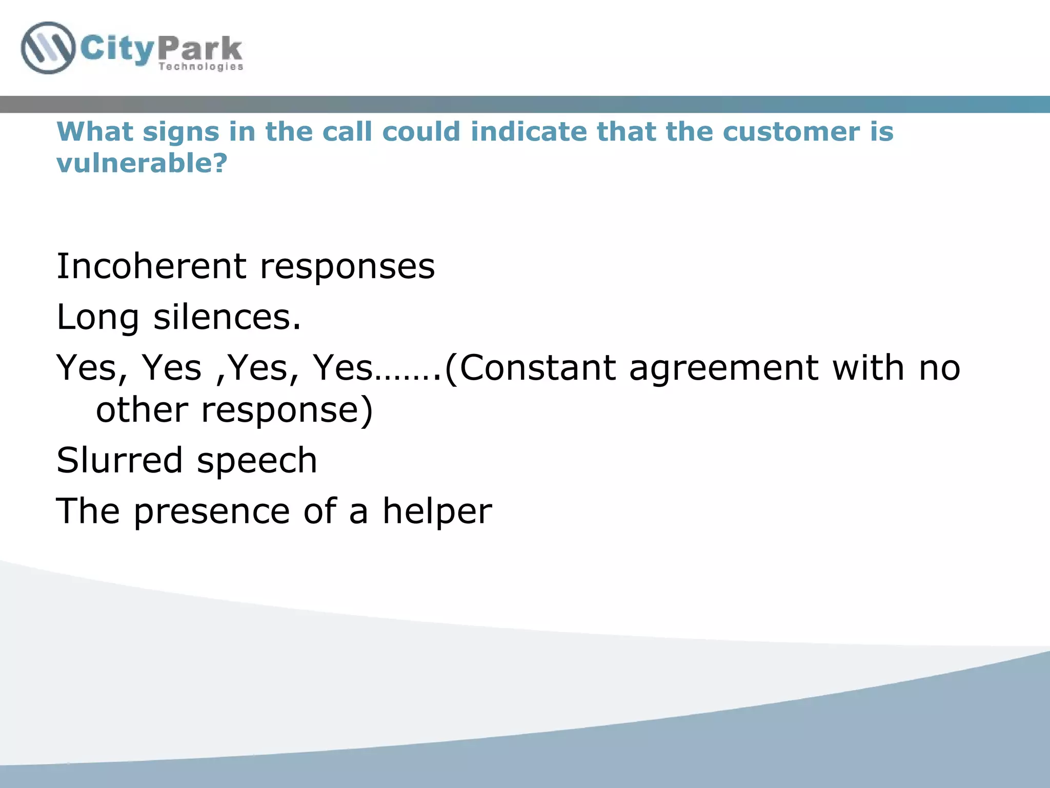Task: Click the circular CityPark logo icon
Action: pyautogui.click(x=48, y=48)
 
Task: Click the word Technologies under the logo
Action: pyautogui.click(x=200, y=67)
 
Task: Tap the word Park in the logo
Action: pyautogui.click(x=200, y=49)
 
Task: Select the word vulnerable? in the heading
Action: pyautogui.click(x=142, y=163)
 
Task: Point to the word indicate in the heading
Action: pyautogui.click(x=529, y=132)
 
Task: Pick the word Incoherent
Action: pyautogui.click(x=152, y=266)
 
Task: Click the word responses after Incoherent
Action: pyautogui.click(x=347, y=267)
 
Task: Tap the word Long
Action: pyautogui.click(x=98, y=318)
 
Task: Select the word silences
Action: pyautogui.click(x=227, y=317)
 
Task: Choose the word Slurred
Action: pyautogui.click(x=119, y=460)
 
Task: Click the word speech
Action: pyautogui.click(x=257, y=461)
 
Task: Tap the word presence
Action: pyautogui.click(x=212, y=511)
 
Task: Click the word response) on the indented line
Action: pyautogui.click(x=287, y=410)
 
